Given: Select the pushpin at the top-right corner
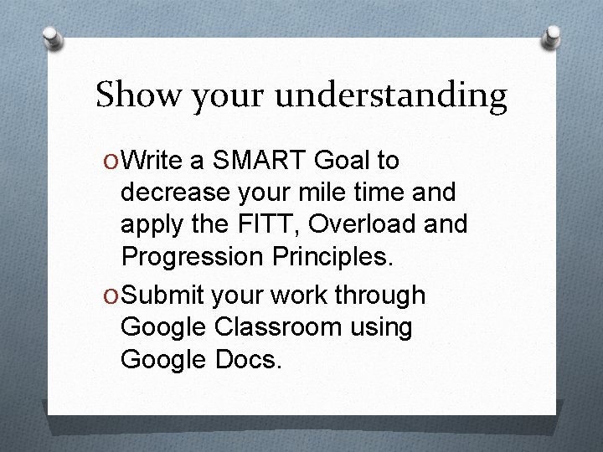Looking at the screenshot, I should (x=553, y=35).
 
